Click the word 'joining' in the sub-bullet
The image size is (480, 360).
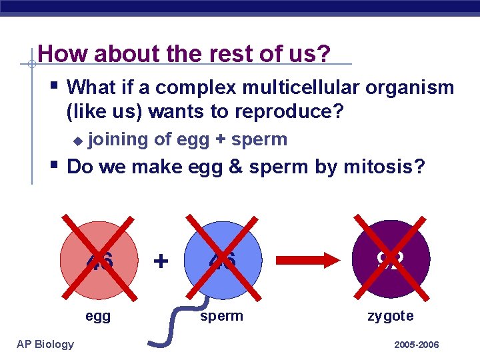(118, 139)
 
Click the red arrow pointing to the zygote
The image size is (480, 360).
(307, 259)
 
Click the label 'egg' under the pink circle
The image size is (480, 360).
(98, 316)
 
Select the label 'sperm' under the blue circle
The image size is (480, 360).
(221, 316)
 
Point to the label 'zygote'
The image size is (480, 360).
(391, 316)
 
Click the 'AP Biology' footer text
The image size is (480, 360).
(45, 344)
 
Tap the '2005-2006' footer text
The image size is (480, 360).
(416, 345)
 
